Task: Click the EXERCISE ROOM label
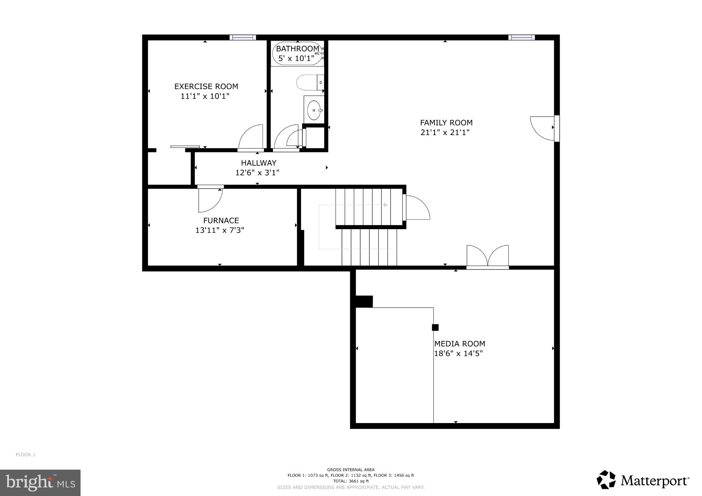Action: pyautogui.click(x=206, y=86)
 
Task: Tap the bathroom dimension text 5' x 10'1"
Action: pyautogui.click(x=296, y=59)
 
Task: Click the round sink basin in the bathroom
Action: pyautogui.click(x=314, y=110)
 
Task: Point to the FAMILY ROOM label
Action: pyautogui.click(x=446, y=123)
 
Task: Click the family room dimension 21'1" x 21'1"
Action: pyautogui.click(x=445, y=132)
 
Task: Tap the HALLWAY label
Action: pyautogui.click(x=258, y=163)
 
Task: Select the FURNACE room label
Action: pyautogui.click(x=221, y=221)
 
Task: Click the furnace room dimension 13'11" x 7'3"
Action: pyautogui.click(x=219, y=230)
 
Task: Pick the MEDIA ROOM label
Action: pyautogui.click(x=459, y=344)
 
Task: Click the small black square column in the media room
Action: pyautogui.click(x=435, y=327)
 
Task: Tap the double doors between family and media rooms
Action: pyautogui.click(x=487, y=257)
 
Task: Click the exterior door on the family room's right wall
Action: pyautogui.click(x=543, y=128)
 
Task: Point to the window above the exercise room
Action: pyautogui.click(x=243, y=37)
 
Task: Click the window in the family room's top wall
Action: pyautogui.click(x=521, y=37)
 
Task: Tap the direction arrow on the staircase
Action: pyautogui.click(x=385, y=205)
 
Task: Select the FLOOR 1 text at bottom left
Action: pyautogui.click(x=25, y=455)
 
